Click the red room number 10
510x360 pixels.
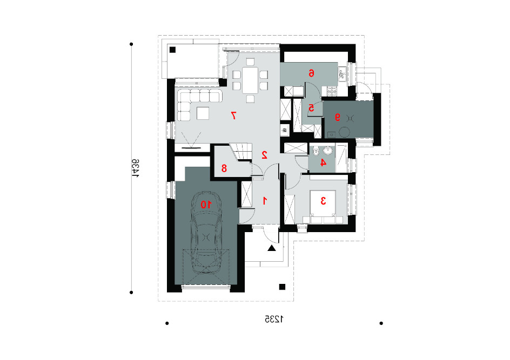coord(205,205)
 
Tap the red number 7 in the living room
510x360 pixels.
coord(233,116)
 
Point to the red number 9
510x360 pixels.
coord(338,117)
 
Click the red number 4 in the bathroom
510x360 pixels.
coord(323,162)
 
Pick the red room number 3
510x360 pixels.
coord(323,201)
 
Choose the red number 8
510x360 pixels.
coord(224,168)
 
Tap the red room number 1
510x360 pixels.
coord(265,201)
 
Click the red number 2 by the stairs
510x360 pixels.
coord(264,155)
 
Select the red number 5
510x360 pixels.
coord(311,107)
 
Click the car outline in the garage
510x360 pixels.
coord(206,233)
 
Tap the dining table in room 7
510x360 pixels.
coord(250,79)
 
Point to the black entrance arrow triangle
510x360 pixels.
coord(272,249)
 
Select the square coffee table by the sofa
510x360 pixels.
coord(203,113)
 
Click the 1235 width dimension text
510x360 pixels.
coord(274,319)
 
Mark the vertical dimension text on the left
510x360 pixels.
coord(136,168)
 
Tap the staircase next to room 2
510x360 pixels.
coord(241,152)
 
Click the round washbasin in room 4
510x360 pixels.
coord(328,151)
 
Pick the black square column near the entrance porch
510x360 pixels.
coord(282,287)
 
